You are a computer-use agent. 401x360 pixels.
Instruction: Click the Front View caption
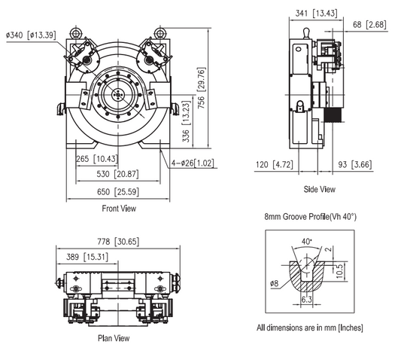[118, 209]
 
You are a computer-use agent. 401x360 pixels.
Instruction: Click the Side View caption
[319, 190]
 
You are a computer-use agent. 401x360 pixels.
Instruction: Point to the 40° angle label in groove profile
[307, 242]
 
